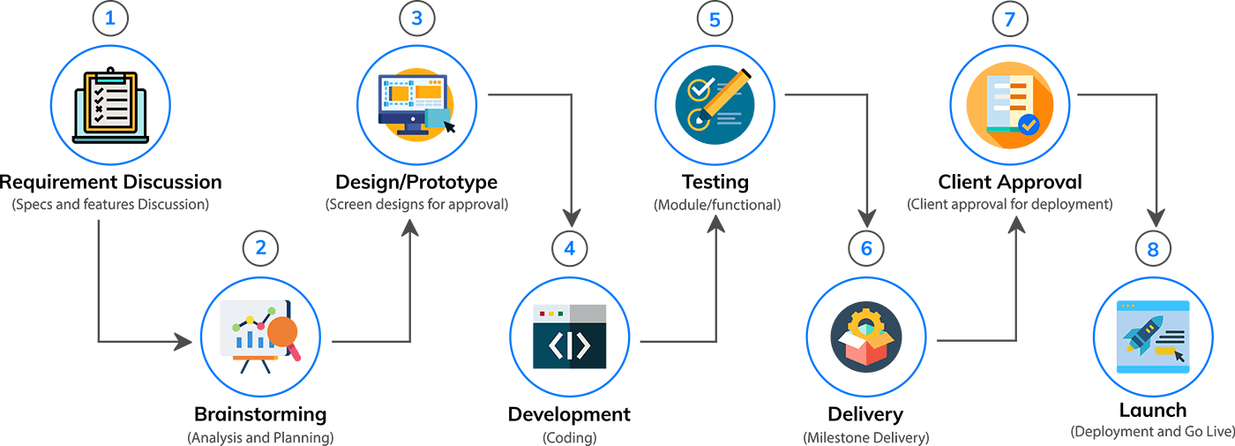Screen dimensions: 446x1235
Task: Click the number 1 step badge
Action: point(110,19)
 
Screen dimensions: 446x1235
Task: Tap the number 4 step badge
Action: point(570,247)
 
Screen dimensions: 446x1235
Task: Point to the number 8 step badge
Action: point(1153,250)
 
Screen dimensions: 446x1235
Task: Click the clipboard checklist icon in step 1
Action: point(110,105)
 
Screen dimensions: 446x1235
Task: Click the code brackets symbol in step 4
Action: point(570,345)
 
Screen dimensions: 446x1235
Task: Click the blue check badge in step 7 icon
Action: point(1029,126)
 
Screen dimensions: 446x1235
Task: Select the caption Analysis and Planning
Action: point(260,436)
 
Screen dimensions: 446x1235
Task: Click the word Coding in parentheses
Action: point(570,437)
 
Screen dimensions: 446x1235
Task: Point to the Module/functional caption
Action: point(715,205)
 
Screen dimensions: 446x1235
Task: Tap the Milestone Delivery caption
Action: point(865,437)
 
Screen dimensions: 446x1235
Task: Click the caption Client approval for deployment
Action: point(1010,205)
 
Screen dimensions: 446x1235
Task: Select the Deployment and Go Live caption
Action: point(1150,432)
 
